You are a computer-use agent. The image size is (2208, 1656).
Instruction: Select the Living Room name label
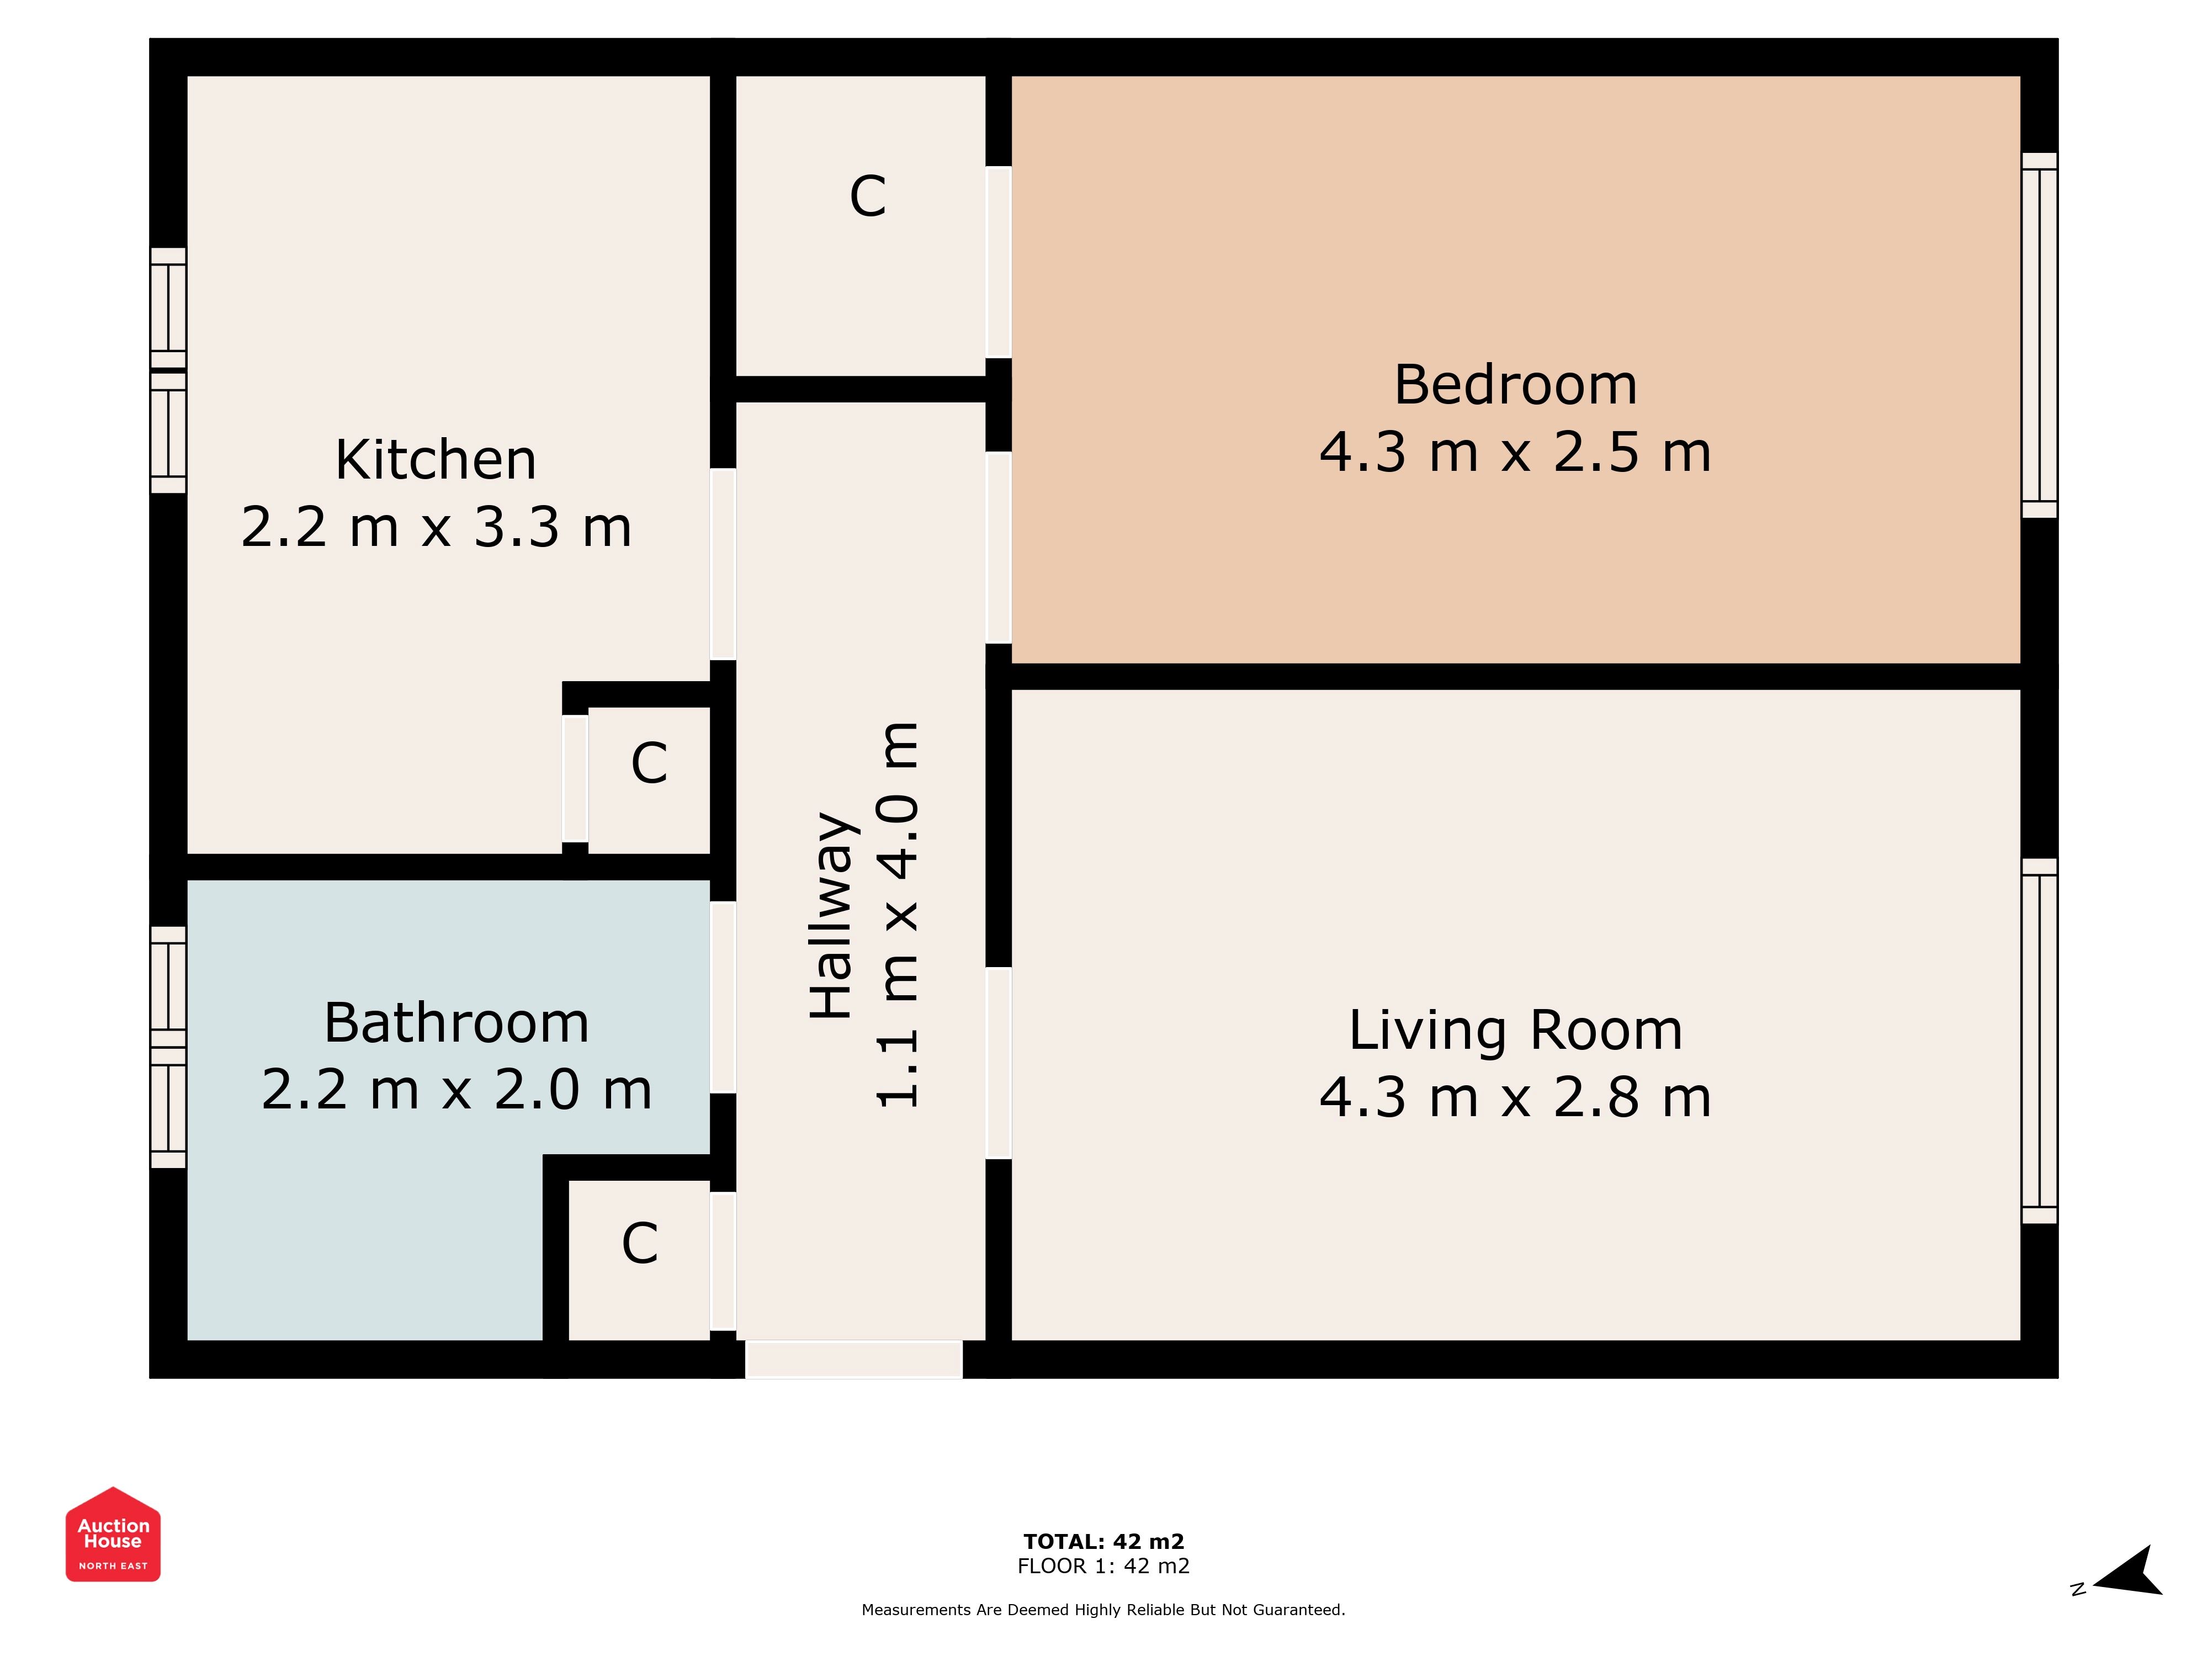(1515, 1030)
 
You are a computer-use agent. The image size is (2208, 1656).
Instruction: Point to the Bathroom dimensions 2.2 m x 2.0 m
(456, 1089)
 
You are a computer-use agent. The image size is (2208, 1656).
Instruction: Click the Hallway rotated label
(831, 915)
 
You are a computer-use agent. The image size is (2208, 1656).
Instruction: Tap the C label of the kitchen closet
(649, 763)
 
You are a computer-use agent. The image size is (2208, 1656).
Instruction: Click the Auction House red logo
(113, 1534)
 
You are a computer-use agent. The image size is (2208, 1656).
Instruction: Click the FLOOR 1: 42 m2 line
(1104, 1566)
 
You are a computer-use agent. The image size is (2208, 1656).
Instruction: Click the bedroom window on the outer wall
(2039, 336)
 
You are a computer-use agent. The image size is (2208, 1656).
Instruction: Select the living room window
(2039, 1041)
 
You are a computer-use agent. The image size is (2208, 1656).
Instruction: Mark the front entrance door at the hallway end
(854, 1360)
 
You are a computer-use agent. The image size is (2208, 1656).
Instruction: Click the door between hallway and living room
(998, 1063)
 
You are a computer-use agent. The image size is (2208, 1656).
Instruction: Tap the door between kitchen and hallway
(723, 564)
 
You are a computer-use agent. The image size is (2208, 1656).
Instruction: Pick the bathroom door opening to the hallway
(723, 997)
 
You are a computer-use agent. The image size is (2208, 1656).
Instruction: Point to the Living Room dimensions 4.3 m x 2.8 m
(1515, 1097)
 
